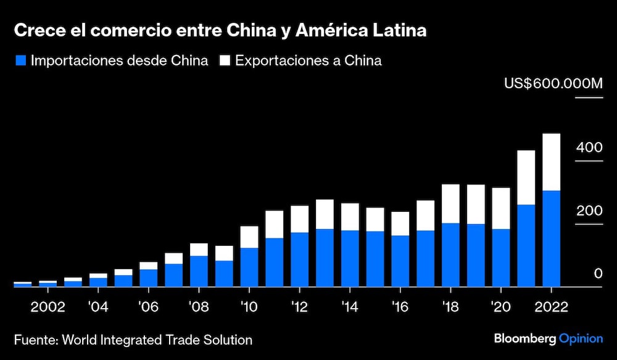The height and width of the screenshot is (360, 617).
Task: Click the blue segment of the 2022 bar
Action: (551, 238)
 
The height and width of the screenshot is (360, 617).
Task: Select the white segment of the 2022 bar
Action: (551, 162)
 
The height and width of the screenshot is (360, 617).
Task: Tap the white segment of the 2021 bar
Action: (526, 177)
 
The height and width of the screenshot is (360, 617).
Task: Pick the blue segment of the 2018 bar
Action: (450, 254)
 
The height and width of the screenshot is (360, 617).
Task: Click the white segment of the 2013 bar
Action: (325, 214)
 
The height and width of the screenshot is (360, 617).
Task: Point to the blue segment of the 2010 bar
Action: (249, 267)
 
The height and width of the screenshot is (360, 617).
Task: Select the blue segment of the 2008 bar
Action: (199, 271)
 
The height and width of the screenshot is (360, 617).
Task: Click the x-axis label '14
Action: (349, 307)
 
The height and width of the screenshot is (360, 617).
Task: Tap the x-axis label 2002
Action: (48, 307)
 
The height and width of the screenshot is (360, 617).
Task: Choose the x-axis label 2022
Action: (551, 307)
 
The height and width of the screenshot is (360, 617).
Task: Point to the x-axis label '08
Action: (199, 307)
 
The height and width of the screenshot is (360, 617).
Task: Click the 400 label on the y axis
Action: (589, 148)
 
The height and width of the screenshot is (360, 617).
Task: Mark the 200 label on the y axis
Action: (589, 211)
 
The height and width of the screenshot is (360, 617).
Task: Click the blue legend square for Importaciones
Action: (20, 61)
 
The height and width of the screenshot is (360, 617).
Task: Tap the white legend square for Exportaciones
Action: (225, 61)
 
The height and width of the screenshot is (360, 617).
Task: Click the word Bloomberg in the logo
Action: (524, 338)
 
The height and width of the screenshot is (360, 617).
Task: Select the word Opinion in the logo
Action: (581, 338)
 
